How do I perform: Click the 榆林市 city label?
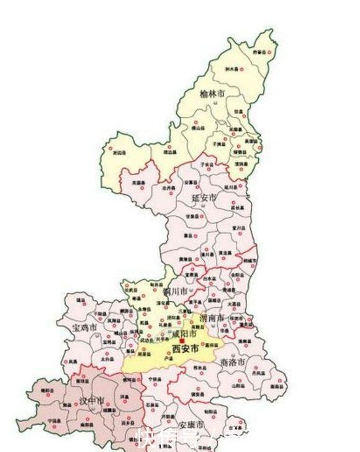coord(212,94)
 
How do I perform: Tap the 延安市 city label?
coord(204,197)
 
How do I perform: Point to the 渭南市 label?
coord(212,318)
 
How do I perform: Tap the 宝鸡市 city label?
coord(84,327)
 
